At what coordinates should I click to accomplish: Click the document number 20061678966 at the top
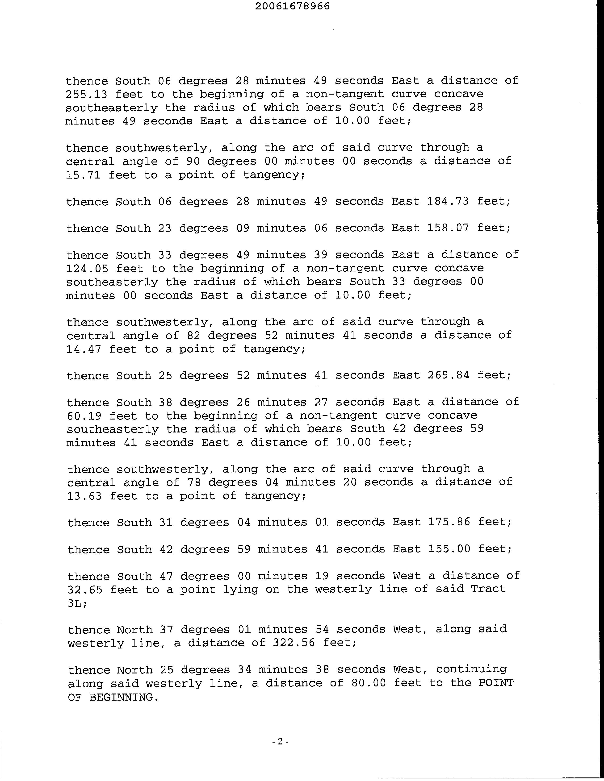pos(292,6)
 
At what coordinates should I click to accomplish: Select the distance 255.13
pos(86,94)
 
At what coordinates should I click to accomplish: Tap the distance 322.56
pos(294,643)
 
